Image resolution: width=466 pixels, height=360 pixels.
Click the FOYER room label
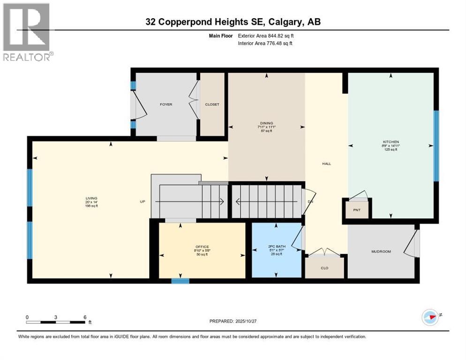(x=165, y=105)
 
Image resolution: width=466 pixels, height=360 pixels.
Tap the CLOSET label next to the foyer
(x=212, y=105)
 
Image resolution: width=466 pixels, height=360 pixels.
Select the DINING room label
(x=267, y=123)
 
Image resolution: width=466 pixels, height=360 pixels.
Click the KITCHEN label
(x=390, y=142)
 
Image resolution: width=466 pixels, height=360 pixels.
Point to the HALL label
(x=326, y=164)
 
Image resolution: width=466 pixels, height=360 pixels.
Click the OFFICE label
(x=202, y=247)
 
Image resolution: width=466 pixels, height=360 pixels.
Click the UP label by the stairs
(x=143, y=202)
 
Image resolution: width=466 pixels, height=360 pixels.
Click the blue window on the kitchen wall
(x=436, y=145)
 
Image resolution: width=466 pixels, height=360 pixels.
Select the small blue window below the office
(x=180, y=281)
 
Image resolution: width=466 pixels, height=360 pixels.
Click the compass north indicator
(x=430, y=316)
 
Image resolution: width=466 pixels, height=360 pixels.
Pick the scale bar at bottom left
(x=56, y=322)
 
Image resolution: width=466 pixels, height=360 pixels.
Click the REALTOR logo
(x=27, y=32)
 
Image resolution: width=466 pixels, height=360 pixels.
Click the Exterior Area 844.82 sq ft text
(x=266, y=36)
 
